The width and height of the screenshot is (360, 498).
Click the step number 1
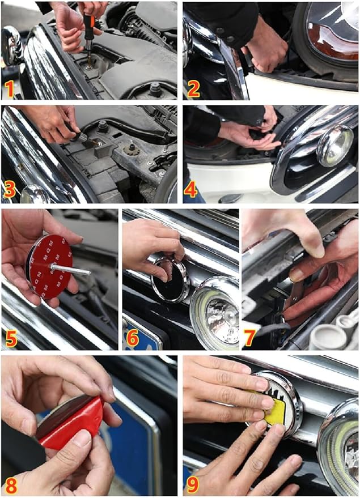click(x=10, y=89)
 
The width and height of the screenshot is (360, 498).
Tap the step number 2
click(x=193, y=89)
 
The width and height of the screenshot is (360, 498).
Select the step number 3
click(x=9, y=190)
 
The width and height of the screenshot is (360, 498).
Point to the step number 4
click(x=190, y=190)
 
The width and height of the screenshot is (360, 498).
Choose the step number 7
click(x=249, y=338)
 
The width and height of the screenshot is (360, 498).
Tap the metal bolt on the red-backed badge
click(x=70, y=270)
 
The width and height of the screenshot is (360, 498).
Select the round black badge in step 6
click(x=170, y=280)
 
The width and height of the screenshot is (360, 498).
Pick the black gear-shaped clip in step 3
click(x=130, y=149)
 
